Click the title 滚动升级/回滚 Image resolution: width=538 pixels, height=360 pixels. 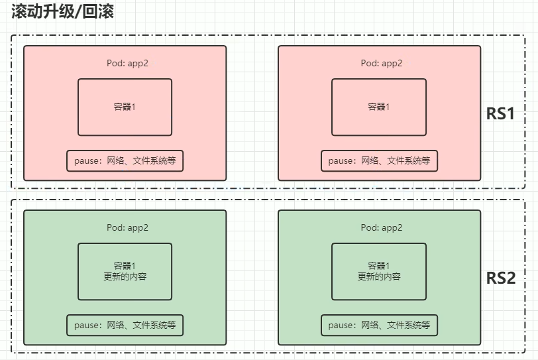[63, 11]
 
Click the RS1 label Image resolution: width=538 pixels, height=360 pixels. [500, 113]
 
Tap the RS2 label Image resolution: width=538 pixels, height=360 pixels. [500, 278]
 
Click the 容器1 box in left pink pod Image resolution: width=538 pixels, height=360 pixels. [125, 107]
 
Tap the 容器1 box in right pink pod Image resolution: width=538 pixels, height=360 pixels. [378, 107]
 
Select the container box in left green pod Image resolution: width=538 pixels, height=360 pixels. [125, 271]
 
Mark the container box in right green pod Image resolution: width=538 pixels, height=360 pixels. [378, 271]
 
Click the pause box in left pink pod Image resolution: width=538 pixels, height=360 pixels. [125, 160]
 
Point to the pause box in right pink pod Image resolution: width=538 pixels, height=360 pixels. [379, 160]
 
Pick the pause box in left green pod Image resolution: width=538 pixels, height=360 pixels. [125, 325]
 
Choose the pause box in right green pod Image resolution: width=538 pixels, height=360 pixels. [379, 325]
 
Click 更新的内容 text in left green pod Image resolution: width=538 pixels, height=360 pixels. [125, 276]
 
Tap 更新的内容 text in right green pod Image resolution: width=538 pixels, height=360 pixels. [379, 276]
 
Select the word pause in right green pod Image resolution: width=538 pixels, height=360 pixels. [340, 325]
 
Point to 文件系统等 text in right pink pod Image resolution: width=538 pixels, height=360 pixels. [409, 160]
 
